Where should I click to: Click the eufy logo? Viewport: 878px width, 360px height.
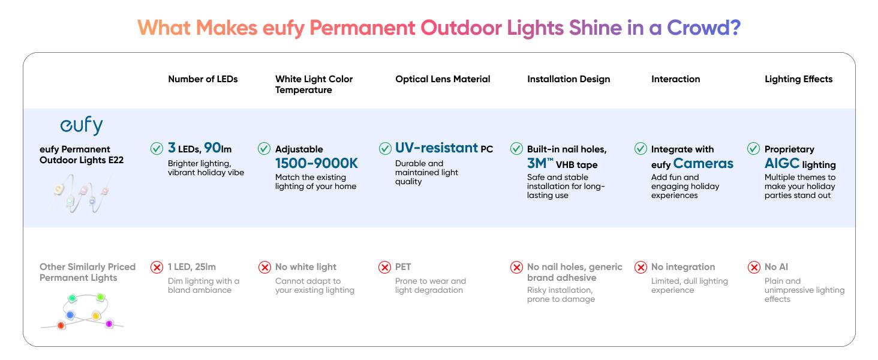point(82,126)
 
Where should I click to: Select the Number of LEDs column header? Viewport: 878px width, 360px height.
point(203,79)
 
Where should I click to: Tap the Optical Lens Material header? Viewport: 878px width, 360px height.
point(443,79)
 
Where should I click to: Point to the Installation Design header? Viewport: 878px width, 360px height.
point(569,79)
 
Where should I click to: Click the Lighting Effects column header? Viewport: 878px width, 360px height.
point(798,79)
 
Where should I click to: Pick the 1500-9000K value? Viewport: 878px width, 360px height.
point(316,163)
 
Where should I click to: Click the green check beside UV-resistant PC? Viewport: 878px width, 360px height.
point(385,148)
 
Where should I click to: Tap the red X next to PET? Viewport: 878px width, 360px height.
point(385,268)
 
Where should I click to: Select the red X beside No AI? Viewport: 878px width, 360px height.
point(754,268)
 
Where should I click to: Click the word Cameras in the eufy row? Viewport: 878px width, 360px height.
point(703,163)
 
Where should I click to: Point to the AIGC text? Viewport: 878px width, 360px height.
point(782,163)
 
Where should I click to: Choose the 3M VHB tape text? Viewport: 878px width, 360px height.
point(563,164)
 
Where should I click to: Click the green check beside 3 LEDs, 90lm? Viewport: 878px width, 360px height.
point(157,148)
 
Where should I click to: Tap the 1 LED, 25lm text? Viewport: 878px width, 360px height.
point(191,267)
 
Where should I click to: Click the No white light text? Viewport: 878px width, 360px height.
point(306,267)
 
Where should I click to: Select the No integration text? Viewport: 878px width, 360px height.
point(683,267)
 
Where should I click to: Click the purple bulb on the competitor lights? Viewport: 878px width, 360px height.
point(109,324)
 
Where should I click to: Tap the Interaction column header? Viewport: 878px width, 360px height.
point(675,79)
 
